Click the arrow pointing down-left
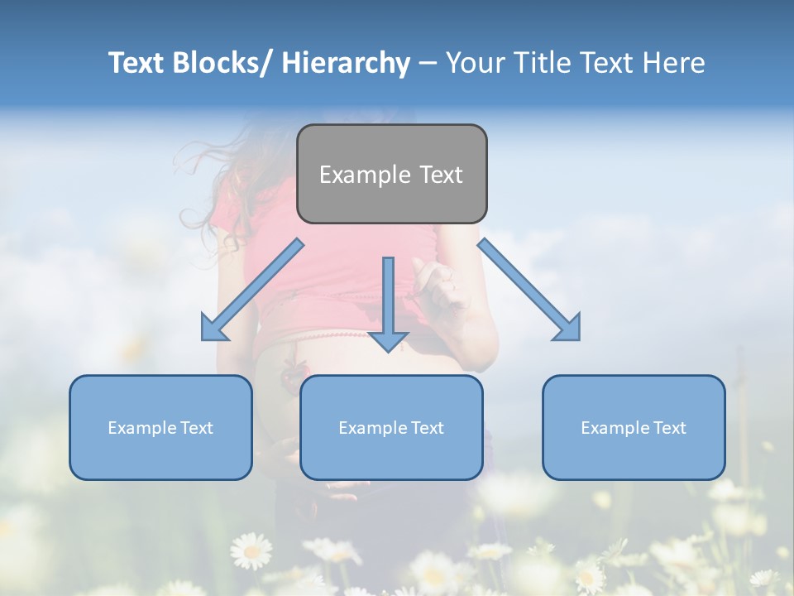[251, 290]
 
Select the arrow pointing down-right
[529, 290]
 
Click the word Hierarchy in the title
[346, 63]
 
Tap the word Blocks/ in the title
[219, 63]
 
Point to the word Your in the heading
[475, 63]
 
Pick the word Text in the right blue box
[668, 428]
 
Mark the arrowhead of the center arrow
[388, 340]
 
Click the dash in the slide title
[428, 64]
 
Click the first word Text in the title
[136, 63]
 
